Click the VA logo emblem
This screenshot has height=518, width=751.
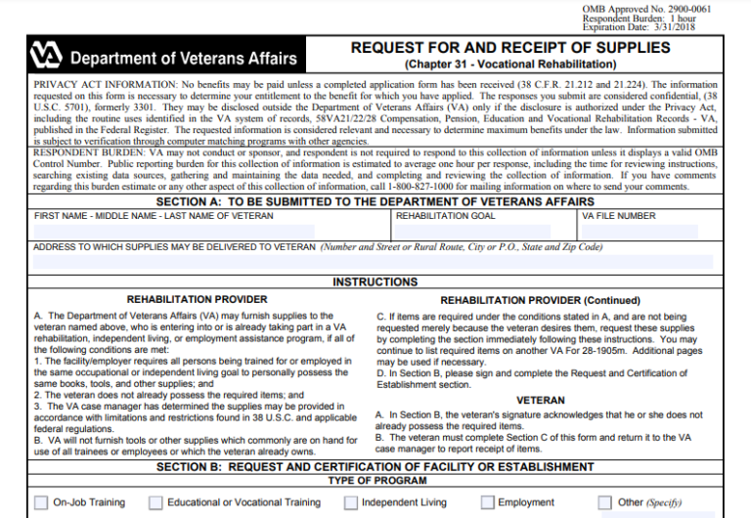click(46, 55)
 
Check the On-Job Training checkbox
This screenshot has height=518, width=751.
click(41, 502)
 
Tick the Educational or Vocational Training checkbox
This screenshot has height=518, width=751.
click(155, 502)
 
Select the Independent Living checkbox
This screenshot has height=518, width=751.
click(350, 502)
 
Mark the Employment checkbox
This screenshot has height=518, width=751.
click(487, 502)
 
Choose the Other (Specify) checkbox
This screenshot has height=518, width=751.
click(604, 502)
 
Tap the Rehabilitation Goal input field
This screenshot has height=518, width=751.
click(483, 231)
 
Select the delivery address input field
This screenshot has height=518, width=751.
click(372, 261)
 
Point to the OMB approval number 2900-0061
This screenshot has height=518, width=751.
click(695, 9)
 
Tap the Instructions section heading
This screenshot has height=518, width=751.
click(375, 282)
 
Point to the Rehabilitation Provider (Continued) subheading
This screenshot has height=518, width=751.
click(540, 301)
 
